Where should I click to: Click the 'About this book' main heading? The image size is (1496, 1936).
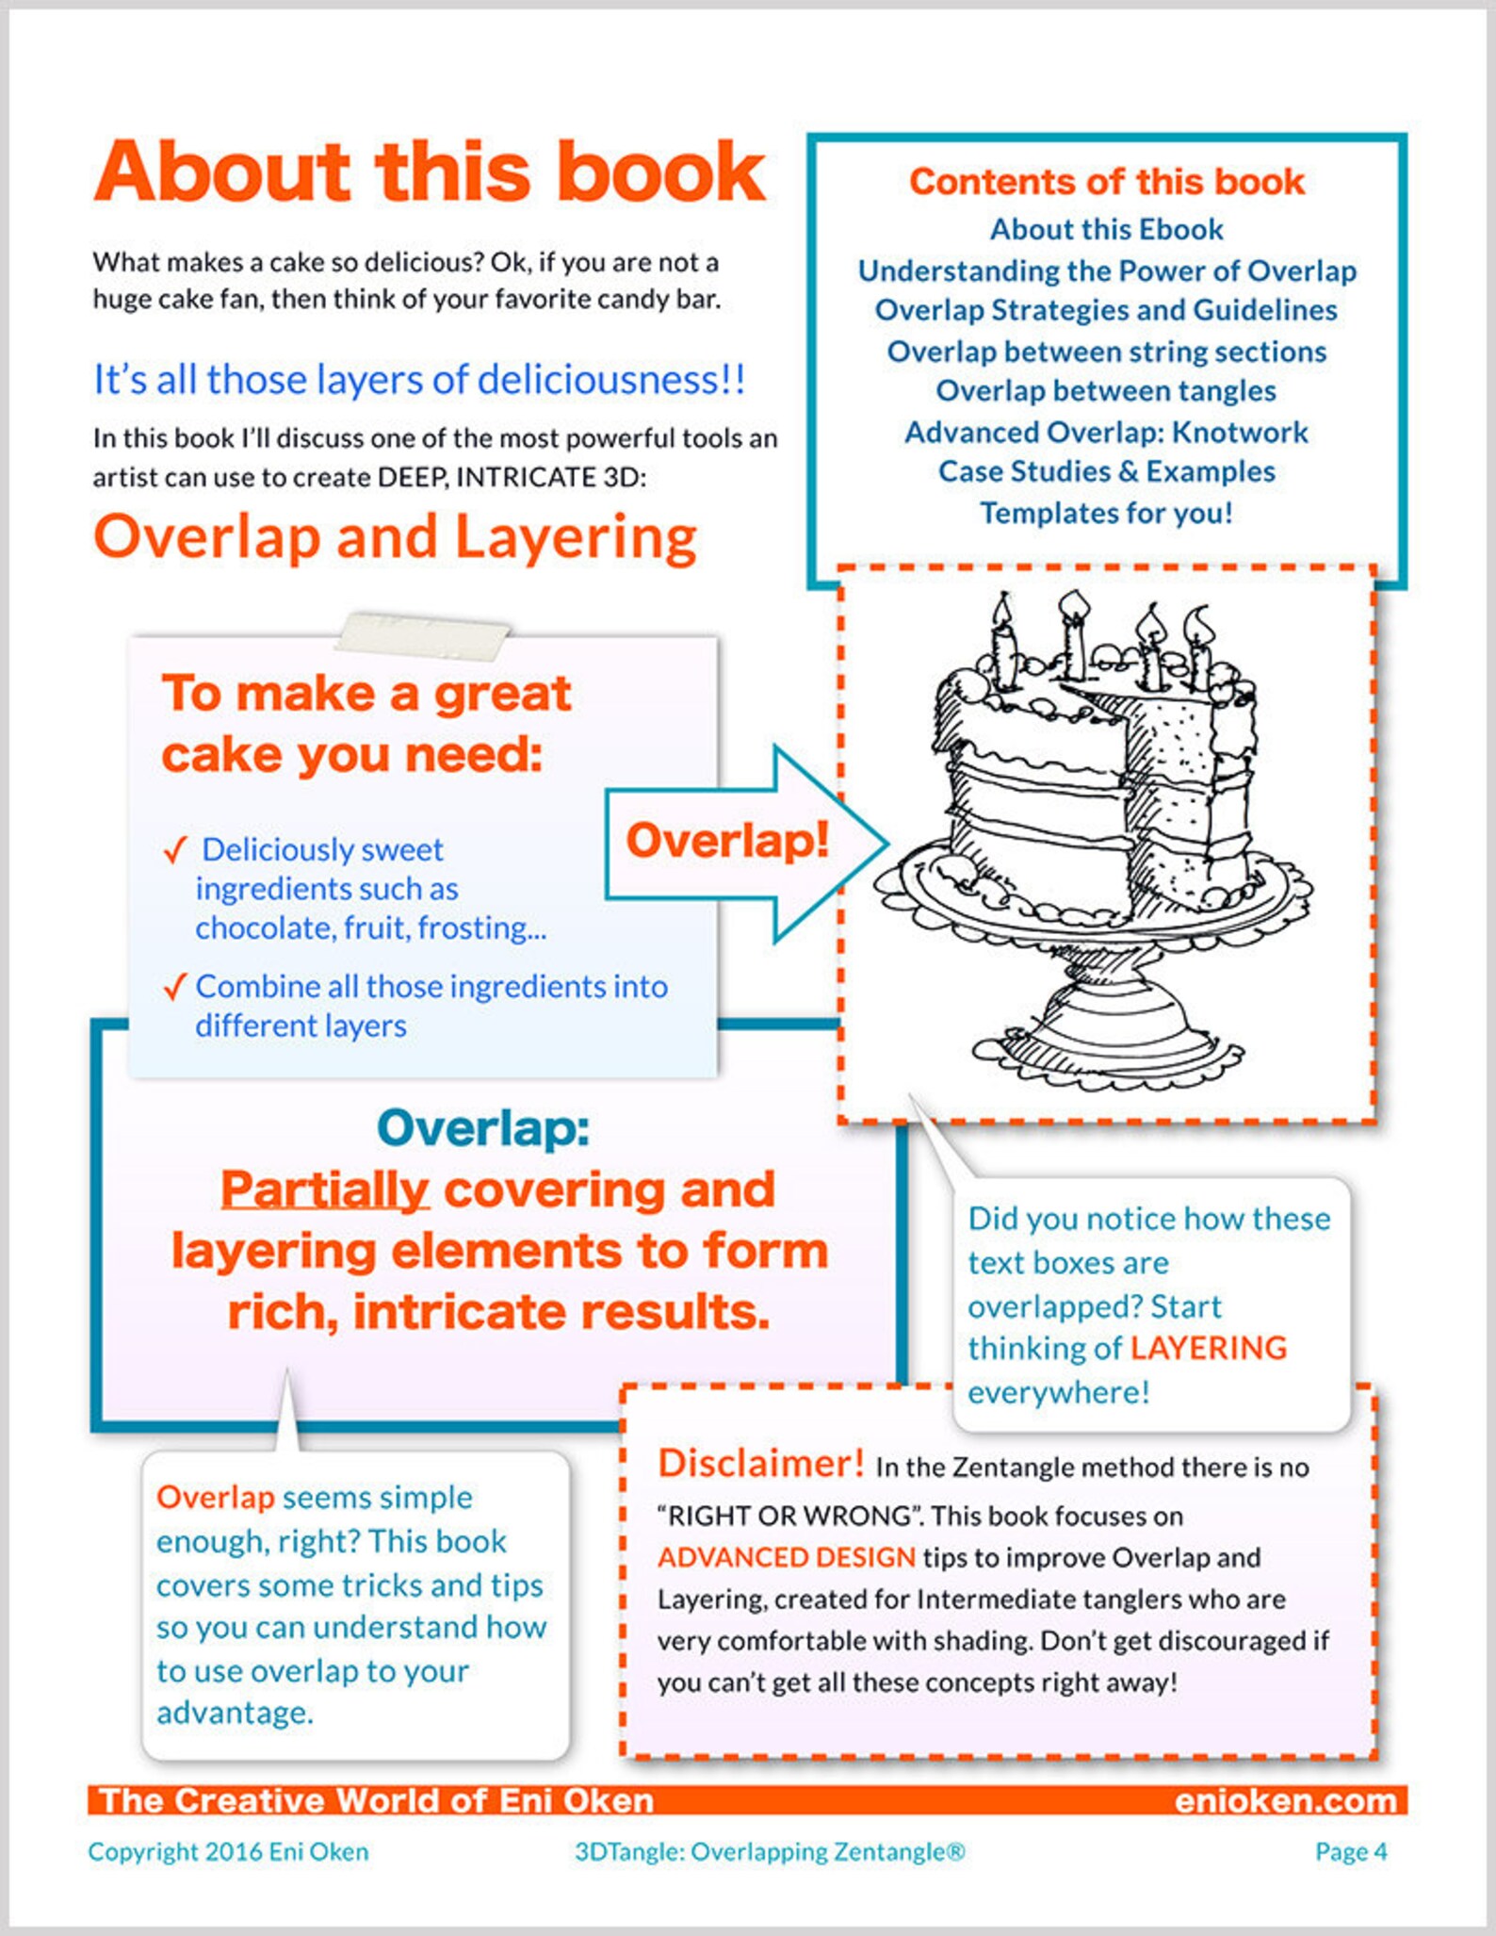click(430, 172)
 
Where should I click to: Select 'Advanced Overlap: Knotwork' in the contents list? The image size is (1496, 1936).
click(1106, 432)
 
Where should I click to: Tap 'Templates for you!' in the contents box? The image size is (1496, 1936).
click(1106, 513)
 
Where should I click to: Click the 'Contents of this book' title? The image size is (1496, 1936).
click(1106, 182)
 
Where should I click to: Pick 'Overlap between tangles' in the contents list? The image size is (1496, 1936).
click(1106, 391)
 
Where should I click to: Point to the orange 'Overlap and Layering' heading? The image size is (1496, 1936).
click(395, 537)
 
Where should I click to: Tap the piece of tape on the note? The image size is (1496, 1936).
click(423, 634)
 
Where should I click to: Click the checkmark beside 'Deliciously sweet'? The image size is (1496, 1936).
click(175, 850)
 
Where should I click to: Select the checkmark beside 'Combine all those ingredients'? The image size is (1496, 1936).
click(175, 987)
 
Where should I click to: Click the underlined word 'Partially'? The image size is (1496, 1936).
click(325, 1189)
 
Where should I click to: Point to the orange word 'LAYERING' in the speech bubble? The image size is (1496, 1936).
click(1208, 1348)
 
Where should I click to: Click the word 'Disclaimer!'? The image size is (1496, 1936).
click(760, 1463)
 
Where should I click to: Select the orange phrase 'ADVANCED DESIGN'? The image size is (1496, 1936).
click(787, 1557)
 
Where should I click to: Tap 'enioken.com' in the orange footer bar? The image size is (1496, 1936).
click(1285, 1800)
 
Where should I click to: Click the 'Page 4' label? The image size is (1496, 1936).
click(1351, 1851)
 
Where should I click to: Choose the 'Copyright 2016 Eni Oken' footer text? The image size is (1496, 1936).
click(228, 1851)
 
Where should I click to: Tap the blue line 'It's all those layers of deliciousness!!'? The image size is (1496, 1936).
click(419, 380)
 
